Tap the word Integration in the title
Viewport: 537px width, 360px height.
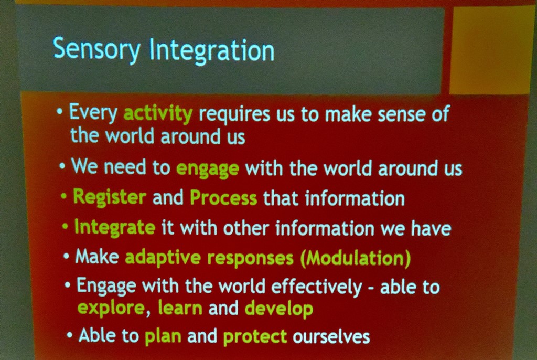(212, 50)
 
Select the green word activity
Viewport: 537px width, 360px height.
(158, 114)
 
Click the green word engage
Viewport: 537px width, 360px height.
(208, 169)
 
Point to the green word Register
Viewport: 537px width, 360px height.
(110, 198)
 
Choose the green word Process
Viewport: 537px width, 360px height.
(223, 198)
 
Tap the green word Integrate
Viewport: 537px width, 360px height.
(115, 227)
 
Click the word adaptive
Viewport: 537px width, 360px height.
(163, 257)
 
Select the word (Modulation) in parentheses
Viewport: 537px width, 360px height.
(356, 258)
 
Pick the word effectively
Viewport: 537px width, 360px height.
(316, 287)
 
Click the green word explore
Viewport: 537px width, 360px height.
(111, 308)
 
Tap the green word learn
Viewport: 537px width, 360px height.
(180, 308)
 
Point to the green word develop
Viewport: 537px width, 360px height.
(279, 309)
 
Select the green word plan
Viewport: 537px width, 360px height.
(163, 336)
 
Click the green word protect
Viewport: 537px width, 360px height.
(255, 336)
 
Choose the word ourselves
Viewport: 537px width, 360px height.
(331, 336)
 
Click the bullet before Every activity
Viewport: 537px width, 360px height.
(60, 112)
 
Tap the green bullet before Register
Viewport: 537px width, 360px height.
(63, 196)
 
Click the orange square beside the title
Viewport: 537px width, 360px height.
(492, 50)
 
